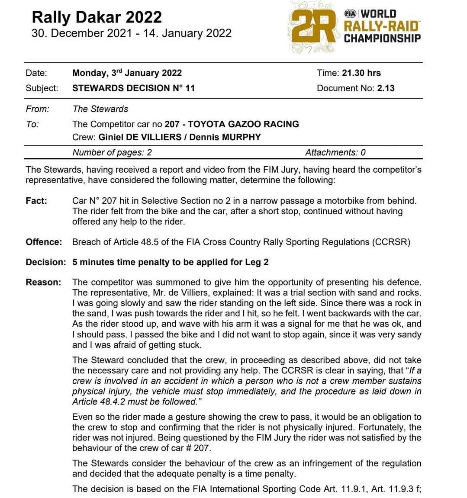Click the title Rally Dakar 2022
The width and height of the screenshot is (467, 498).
pyautogui.click(x=97, y=17)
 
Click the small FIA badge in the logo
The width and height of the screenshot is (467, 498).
pyautogui.click(x=351, y=13)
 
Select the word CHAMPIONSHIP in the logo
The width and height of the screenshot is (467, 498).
pyautogui.click(x=382, y=39)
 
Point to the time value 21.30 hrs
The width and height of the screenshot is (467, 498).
pyautogui.click(x=361, y=73)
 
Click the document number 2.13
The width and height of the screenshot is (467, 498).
pyautogui.click(x=386, y=88)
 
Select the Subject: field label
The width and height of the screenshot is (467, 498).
pyautogui.click(x=42, y=88)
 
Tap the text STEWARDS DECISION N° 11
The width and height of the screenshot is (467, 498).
pyautogui.click(x=133, y=88)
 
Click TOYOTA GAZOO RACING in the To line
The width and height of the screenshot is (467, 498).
pyautogui.click(x=243, y=124)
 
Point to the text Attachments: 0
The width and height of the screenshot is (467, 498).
pyautogui.click(x=335, y=152)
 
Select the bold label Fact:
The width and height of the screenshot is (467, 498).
pyautogui.click(x=36, y=201)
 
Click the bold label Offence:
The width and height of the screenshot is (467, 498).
pyautogui.click(x=44, y=242)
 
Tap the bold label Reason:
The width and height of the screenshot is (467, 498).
pyautogui.click(x=43, y=283)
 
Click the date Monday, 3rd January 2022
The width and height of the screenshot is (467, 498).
pyautogui.click(x=127, y=73)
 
